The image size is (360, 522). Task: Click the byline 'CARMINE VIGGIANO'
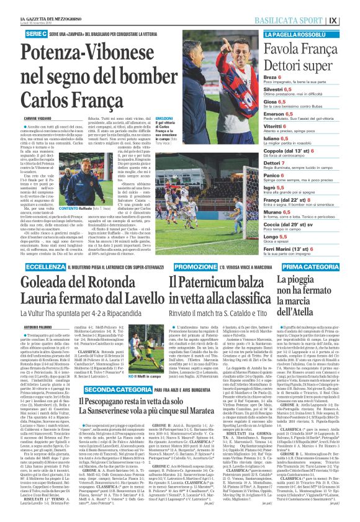pyautogui.click(x=39, y=117)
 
